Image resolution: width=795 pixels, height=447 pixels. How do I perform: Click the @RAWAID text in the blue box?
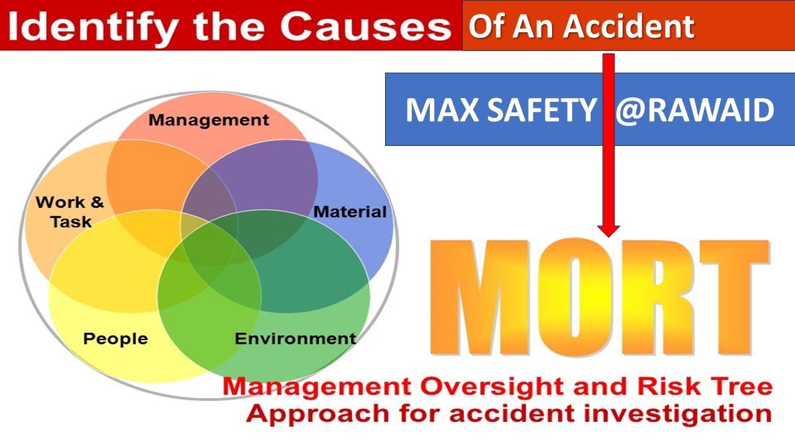tap(694, 111)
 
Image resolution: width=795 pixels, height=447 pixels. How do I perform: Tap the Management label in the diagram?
tap(209, 120)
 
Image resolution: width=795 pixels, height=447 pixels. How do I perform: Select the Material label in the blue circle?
tap(350, 212)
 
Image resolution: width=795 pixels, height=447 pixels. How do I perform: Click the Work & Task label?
tap(70, 212)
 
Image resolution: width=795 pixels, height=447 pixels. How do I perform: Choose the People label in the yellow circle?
tap(116, 339)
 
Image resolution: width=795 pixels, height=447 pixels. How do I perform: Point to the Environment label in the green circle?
tap(295, 339)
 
